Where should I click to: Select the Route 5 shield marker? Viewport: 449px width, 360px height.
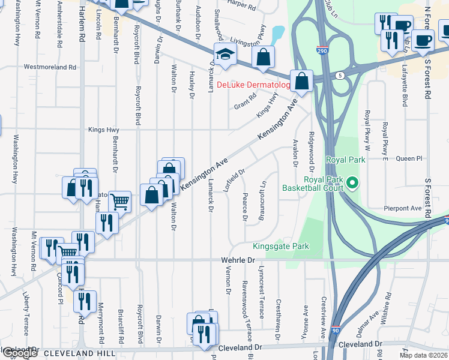pyautogui.click(x=340, y=76)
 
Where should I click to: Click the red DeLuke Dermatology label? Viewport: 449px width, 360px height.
pyautogui.click(x=253, y=85)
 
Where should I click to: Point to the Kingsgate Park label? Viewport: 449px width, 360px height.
pyautogui.click(x=280, y=246)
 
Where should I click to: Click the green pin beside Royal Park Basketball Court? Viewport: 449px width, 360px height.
pyautogui.click(x=352, y=182)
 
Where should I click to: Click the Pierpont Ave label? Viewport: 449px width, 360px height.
pyautogui.click(x=403, y=208)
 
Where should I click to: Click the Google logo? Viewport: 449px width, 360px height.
pyautogui.click(x=19, y=353)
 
